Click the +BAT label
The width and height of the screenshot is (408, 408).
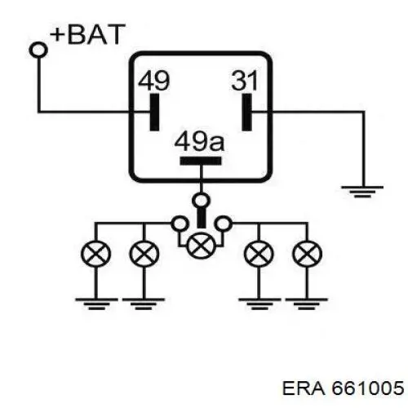(x=87, y=34)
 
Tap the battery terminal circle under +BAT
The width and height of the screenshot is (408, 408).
(x=38, y=50)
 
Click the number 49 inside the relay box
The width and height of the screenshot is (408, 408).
(x=153, y=81)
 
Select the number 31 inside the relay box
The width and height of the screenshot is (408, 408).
(x=245, y=81)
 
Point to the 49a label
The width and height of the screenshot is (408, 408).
(x=199, y=141)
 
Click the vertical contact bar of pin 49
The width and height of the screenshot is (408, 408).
(x=154, y=112)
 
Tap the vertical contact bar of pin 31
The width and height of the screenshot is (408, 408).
(x=247, y=112)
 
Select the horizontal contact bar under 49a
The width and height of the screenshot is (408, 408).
(x=201, y=161)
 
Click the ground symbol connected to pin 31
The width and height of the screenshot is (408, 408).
(x=362, y=192)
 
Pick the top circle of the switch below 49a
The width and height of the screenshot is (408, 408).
(x=201, y=201)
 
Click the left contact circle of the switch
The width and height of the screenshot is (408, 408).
(x=180, y=224)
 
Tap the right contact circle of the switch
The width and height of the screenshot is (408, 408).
(x=223, y=224)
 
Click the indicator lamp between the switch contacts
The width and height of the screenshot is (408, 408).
(x=201, y=246)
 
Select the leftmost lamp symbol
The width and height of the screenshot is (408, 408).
(x=96, y=254)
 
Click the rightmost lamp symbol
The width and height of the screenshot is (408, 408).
(x=307, y=254)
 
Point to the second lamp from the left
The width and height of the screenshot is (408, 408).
(x=144, y=254)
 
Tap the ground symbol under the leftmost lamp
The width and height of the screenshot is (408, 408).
(x=96, y=304)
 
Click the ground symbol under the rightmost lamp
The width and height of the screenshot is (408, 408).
(x=307, y=304)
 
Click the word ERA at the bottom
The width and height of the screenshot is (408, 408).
(x=304, y=388)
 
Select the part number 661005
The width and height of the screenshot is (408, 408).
(x=367, y=388)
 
